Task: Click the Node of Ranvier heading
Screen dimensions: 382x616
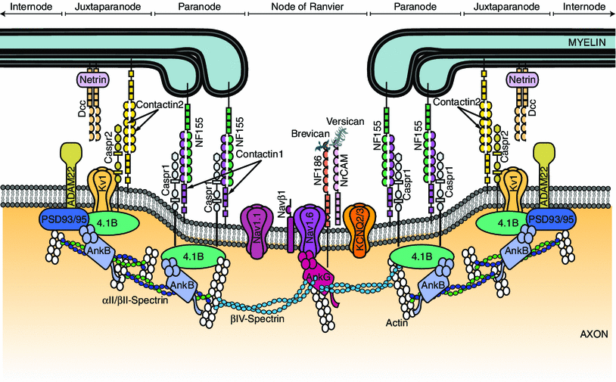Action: coord(308,7)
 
